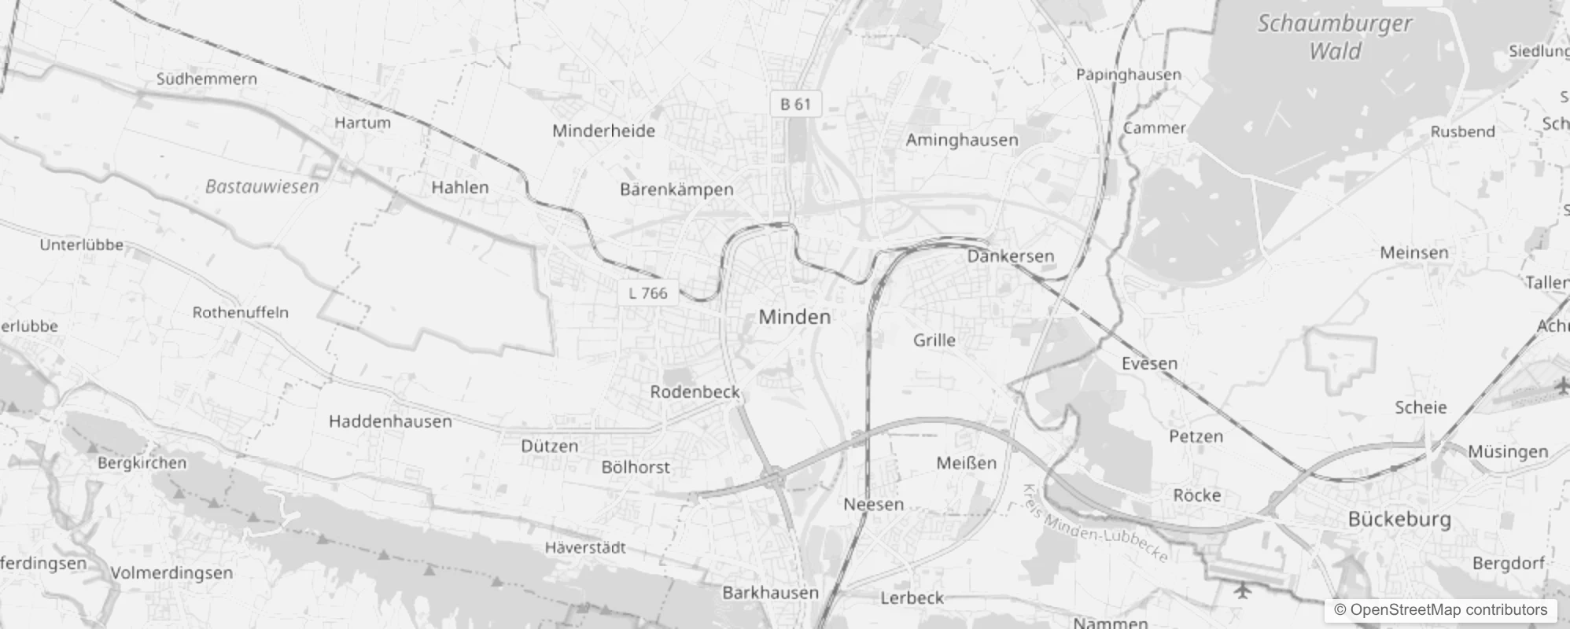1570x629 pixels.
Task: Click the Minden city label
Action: click(794, 317)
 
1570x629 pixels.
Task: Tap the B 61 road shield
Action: click(795, 104)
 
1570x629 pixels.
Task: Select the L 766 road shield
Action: click(648, 293)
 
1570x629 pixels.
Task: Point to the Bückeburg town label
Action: click(1399, 519)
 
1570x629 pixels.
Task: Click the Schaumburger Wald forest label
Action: click(1335, 37)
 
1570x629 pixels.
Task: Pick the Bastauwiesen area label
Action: click(262, 186)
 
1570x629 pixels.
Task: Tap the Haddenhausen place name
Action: click(390, 421)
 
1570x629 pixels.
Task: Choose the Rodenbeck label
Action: click(695, 392)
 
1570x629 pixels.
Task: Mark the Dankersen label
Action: click(1010, 256)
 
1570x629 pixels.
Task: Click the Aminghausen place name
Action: click(961, 140)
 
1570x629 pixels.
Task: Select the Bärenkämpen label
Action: click(676, 189)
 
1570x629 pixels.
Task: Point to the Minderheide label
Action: click(603, 131)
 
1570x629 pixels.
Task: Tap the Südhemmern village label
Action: click(206, 79)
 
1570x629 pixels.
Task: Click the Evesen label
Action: click(1149, 363)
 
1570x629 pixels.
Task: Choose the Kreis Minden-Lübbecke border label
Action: click(1095, 523)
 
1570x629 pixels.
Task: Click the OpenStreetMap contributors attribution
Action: click(1440, 609)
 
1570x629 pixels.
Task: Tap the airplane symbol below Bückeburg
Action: click(1242, 590)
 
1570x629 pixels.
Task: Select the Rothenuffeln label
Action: click(240, 312)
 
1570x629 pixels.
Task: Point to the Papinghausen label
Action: click(1128, 75)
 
